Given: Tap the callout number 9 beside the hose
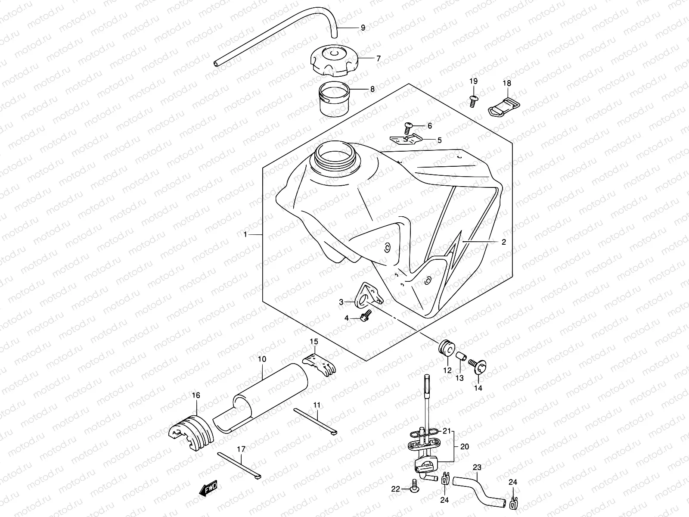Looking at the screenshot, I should [x=363, y=28].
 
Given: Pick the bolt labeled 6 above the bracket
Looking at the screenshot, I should [x=408, y=127].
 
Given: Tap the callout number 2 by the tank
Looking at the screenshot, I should [x=503, y=242].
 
